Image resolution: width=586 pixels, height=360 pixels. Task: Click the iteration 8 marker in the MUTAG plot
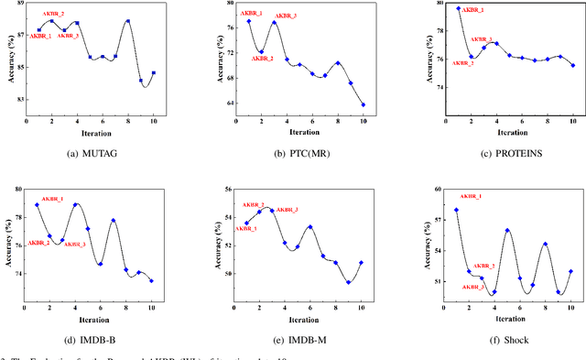tap(127, 21)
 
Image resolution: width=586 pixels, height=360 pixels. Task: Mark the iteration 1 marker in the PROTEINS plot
tap(459, 8)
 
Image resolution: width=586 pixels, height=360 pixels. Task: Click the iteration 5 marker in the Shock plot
tap(507, 231)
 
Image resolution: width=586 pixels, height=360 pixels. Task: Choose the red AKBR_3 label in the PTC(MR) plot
tap(286, 16)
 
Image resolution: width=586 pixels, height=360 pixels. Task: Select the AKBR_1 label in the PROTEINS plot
tap(471, 9)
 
